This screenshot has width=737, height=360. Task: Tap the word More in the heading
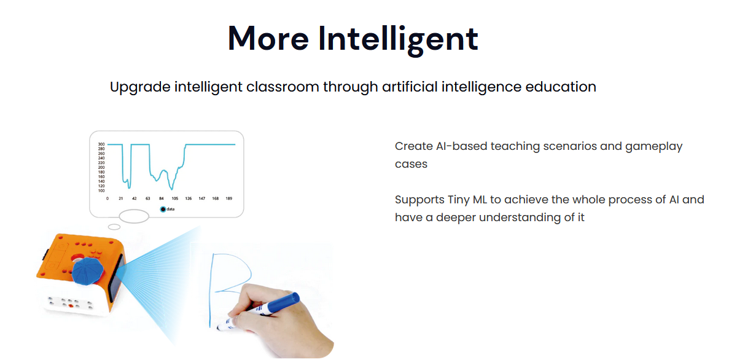tap(268, 39)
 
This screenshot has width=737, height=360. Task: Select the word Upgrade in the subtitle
tap(140, 87)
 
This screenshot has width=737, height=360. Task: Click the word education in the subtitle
tap(561, 87)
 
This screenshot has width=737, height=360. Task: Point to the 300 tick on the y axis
tap(101, 144)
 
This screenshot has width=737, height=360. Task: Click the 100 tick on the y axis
tap(101, 190)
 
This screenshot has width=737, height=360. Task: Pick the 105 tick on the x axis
tap(174, 198)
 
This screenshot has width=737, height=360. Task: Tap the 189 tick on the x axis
tap(229, 198)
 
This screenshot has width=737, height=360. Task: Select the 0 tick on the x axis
tap(107, 198)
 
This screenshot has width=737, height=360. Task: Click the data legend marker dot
tap(163, 209)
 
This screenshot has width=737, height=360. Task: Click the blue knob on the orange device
tap(87, 271)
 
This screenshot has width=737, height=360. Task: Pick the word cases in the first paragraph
tap(411, 164)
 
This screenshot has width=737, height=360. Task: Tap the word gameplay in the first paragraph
tap(653, 147)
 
